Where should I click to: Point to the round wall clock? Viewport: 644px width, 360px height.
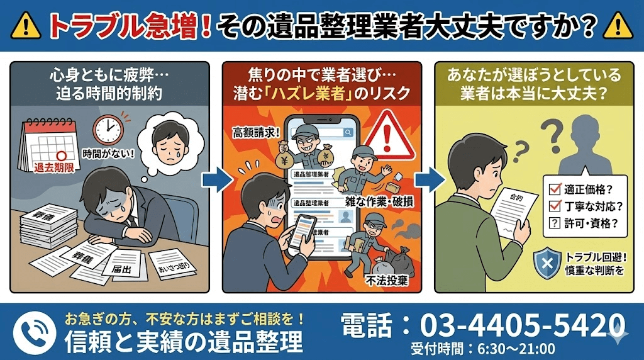coord(108,128)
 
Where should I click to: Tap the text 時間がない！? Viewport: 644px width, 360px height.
coord(108,153)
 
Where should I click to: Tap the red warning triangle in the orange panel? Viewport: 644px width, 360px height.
coord(389,140)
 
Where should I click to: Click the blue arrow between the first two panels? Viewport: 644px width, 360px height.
coord(213,179)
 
